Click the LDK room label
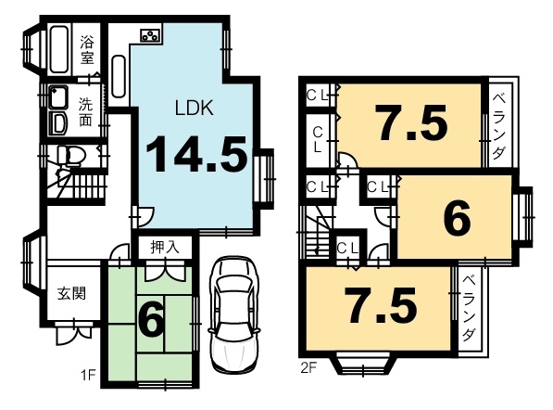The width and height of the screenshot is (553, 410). tap(195, 108)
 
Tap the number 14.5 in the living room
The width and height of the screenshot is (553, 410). tap(196, 154)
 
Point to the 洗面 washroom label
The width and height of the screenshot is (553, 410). tap(86, 111)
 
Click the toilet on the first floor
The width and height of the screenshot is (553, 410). tap(71, 156)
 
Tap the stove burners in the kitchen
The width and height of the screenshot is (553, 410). tap(151, 34)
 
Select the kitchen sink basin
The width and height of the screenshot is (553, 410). tap(119, 76)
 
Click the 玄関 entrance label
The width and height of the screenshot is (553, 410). tap(71, 293)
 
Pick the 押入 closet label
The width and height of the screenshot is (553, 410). tap(165, 247)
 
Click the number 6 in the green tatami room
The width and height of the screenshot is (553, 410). tap(152, 321)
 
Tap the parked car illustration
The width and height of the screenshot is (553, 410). tap(234, 314)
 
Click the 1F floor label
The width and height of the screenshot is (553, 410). tap(89, 376)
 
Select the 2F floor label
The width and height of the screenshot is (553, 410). tap(308, 368)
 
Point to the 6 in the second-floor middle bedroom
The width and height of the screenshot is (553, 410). tap(457, 217)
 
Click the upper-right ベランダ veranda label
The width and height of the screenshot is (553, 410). tap(499, 126)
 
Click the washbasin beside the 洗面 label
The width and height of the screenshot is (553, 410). tap(57, 97)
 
